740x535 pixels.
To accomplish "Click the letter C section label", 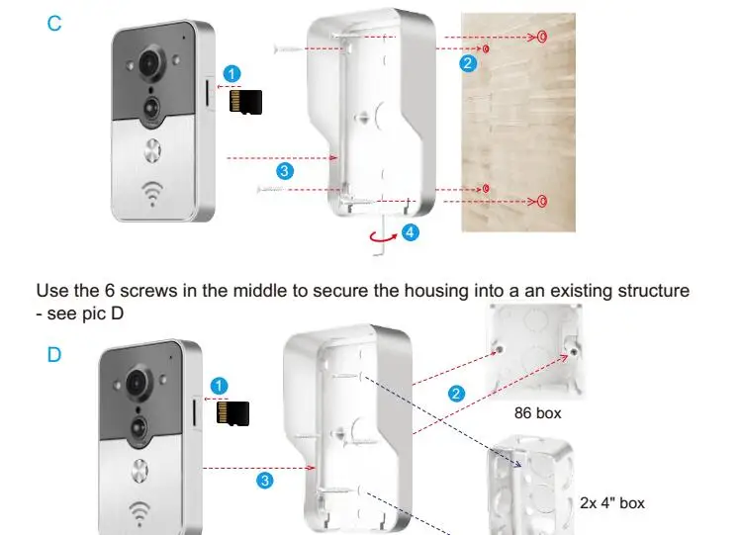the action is tap(54, 24).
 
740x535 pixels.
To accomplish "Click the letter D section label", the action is tap(54, 354).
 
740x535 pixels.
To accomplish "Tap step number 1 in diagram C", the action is tap(231, 73).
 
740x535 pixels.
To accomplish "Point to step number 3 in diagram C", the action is tap(285, 171).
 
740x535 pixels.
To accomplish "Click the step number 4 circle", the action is tap(411, 232).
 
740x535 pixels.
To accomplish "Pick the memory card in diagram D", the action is tap(233, 413).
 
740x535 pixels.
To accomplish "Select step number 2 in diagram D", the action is tap(457, 394).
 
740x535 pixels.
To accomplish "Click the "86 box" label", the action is tap(535, 413).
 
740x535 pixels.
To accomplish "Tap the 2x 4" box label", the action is tap(612, 503).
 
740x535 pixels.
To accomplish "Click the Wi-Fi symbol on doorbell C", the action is tap(153, 193).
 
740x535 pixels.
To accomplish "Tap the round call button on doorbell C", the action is tap(153, 151).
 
